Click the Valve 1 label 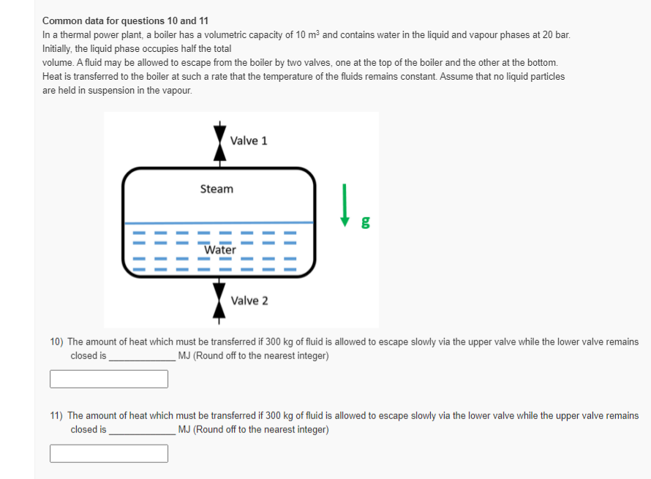(x=249, y=140)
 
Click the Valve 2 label (x=249, y=301)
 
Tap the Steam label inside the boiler (x=217, y=189)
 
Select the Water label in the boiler (x=220, y=250)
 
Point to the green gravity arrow (x=344, y=205)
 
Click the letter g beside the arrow (x=364, y=222)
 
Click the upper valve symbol (x=218, y=140)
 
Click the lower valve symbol (x=218, y=301)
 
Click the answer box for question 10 (x=109, y=379)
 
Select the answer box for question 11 (x=109, y=453)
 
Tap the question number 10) (x=57, y=342)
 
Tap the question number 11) (x=57, y=415)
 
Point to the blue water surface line (x=219, y=223)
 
